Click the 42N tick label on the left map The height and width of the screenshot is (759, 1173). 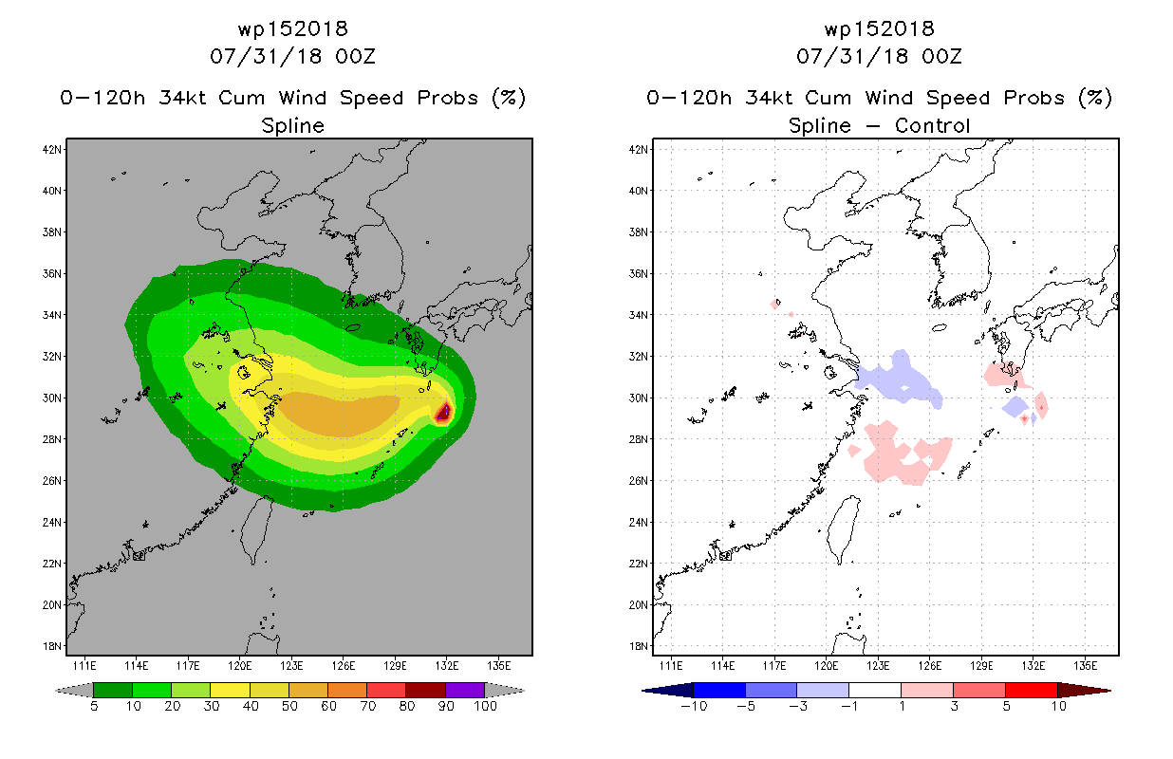[52, 150]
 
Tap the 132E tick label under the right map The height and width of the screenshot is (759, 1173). [1033, 666]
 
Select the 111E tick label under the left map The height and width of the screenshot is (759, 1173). [84, 666]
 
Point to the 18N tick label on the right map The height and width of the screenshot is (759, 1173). [639, 646]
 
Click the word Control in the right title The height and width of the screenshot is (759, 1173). [932, 125]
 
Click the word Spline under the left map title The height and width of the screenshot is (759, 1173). [292, 125]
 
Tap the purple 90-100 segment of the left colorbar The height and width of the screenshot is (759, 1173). [465, 690]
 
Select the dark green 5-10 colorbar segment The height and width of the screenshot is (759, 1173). [113, 690]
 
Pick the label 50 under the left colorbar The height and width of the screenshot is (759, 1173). [289, 706]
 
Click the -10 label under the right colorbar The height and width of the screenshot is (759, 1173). [694, 706]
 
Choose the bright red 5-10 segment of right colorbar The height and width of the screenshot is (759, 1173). [1032, 690]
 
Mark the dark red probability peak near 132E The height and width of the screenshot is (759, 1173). [444, 412]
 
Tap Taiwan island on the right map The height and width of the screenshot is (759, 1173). [841, 528]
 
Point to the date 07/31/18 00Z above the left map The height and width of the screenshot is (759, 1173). [292, 56]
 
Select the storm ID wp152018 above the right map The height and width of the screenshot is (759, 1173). [879, 28]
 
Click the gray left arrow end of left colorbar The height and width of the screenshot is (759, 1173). [74, 691]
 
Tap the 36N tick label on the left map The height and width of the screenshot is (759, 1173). [52, 274]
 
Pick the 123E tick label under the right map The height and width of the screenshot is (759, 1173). [878, 666]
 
